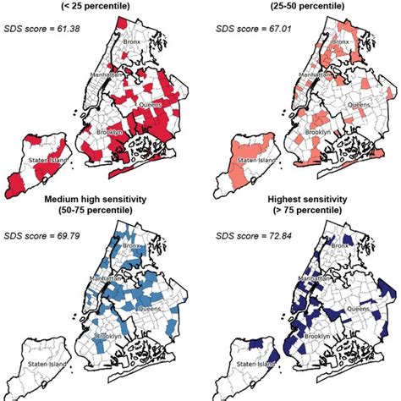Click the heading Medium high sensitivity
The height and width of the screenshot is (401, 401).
coord(100,199)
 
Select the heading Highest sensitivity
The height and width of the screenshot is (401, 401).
coord(300,199)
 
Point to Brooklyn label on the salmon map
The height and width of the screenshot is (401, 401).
coord(316,133)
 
